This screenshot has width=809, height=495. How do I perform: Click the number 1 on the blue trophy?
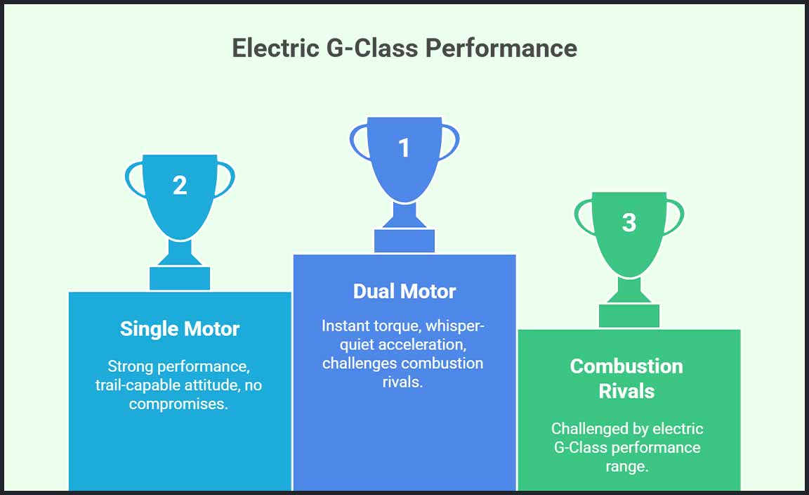404,148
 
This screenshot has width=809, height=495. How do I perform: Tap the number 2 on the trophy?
180,186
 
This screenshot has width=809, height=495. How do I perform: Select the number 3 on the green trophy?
629,223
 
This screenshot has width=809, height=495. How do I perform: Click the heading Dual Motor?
404,291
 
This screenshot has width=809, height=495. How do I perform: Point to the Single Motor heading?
180,329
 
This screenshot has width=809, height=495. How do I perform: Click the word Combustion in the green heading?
626,366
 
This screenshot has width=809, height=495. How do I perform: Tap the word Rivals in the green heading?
626,391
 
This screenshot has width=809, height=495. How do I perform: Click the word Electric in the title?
275,49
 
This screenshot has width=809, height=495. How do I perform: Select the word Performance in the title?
501,49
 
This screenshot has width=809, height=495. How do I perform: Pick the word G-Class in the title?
372,49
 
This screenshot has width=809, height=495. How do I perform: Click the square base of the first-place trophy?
404,240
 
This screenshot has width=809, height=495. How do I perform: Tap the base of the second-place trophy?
180,278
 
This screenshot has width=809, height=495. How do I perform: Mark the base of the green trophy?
629,316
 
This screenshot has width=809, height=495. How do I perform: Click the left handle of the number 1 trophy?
355,144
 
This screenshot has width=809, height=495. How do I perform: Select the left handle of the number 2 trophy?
131,181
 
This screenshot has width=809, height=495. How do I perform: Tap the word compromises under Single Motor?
178,404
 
